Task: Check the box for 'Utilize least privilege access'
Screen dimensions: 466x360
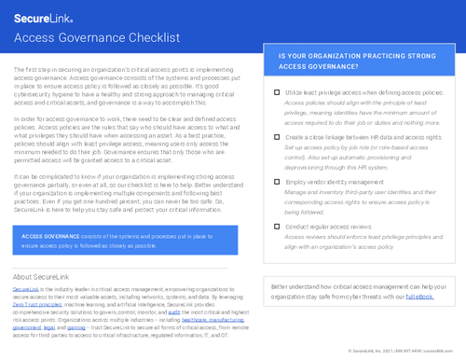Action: point(277,94)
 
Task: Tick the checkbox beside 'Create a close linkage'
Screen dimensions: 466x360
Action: point(277,137)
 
